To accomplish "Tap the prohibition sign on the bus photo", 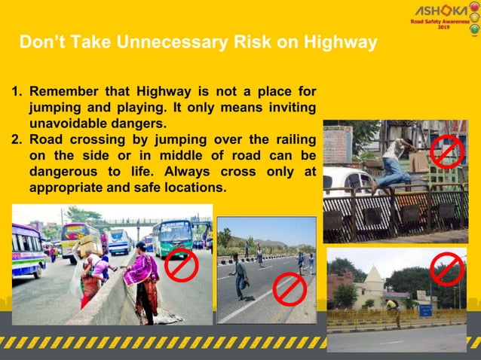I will [x=181, y=264].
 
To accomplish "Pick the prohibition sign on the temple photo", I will [x=447, y=269].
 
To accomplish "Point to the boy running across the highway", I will [x=240, y=275].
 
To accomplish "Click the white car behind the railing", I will [x=348, y=182].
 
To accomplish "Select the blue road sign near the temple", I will [x=425, y=310].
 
